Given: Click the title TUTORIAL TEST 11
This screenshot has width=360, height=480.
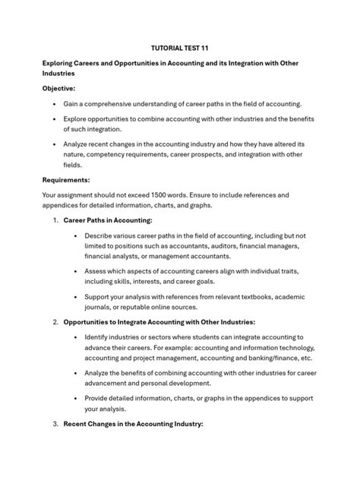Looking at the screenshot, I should click(x=179, y=47).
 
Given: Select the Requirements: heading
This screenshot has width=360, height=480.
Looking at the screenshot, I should click(x=66, y=180).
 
